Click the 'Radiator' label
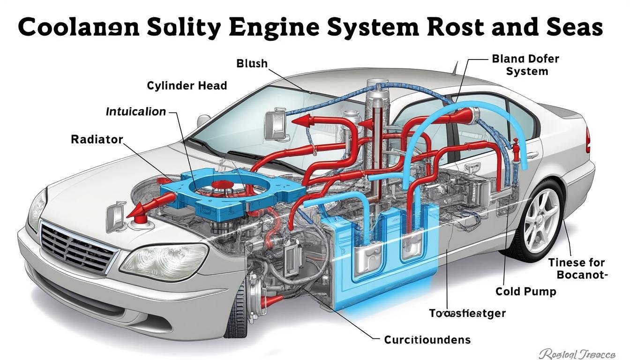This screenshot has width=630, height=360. tap(97, 139)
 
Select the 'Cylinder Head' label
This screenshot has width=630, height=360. tap(187, 86)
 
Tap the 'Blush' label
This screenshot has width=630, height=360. tap(252, 63)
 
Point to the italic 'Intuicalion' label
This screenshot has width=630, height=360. tap(136, 112)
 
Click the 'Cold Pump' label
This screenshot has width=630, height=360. tap(525, 292)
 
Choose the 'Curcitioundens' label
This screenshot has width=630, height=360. tap(427, 339)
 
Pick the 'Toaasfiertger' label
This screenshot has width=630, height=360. tap(467, 314)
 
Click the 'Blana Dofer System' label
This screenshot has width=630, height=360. tap(525, 65)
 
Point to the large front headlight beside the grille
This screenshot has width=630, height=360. tap(164, 261)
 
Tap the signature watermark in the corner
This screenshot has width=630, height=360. tap(577, 352)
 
